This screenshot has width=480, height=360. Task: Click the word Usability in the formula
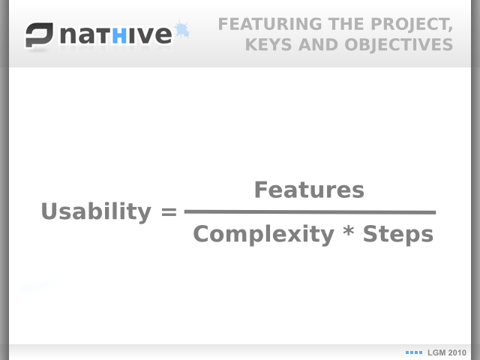pyautogui.click(x=96, y=211)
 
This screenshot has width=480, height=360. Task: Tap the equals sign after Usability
pyautogui.click(x=169, y=211)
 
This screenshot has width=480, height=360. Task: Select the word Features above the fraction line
pyautogui.click(x=309, y=190)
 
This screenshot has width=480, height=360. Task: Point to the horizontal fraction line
pyautogui.click(x=310, y=211)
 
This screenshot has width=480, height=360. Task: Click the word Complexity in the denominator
pyautogui.click(x=263, y=235)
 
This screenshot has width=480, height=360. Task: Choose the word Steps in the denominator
pyautogui.click(x=398, y=235)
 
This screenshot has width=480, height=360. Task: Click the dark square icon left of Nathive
pyautogui.click(x=39, y=35)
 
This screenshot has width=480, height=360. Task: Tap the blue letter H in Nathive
pyautogui.click(x=119, y=35)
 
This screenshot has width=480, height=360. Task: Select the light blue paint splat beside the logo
pyautogui.click(x=181, y=30)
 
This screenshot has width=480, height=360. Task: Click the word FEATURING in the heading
pyautogui.click(x=270, y=24)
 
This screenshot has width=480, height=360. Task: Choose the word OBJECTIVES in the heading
pyautogui.click(x=398, y=45)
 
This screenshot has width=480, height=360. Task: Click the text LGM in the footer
pyautogui.click(x=435, y=352)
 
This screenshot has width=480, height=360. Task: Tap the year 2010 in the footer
pyautogui.click(x=455, y=352)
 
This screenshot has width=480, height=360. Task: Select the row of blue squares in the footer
pyautogui.click(x=414, y=352)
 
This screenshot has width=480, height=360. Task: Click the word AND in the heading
pyautogui.click(x=318, y=45)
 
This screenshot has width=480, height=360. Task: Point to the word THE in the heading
pyautogui.click(x=346, y=24)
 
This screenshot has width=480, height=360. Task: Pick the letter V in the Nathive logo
pyautogui.click(x=145, y=35)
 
